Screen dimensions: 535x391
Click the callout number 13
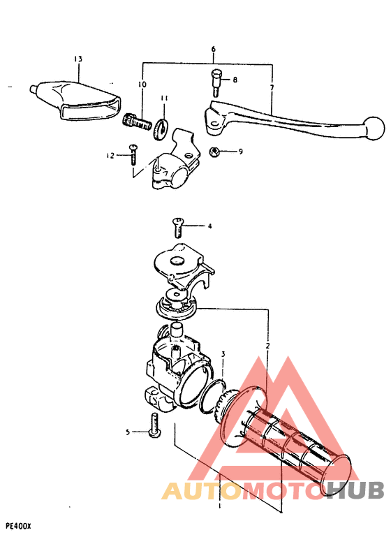[x=78, y=58]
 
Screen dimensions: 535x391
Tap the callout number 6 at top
[x=214, y=50]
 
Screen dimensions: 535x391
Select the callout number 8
[x=235, y=80]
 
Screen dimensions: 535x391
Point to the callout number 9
[x=240, y=151]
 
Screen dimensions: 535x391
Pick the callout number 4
[x=208, y=226]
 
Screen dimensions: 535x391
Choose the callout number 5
[x=128, y=432]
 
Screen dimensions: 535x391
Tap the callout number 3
[x=223, y=356]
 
